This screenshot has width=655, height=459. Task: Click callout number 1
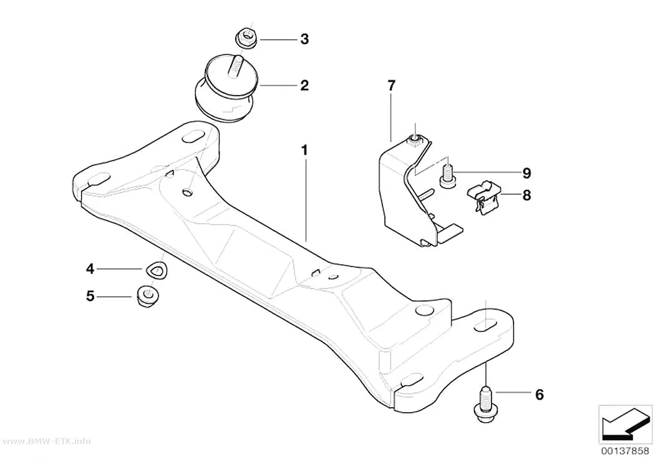pyautogui.click(x=305, y=150)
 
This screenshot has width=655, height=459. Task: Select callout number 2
pyautogui.click(x=304, y=86)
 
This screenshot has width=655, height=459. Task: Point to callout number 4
pyautogui.click(x=90, y=269)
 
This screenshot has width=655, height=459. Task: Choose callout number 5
pyautogui.click(x=90, y=297)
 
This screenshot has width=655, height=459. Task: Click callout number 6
pyautogui.click(x=540, y=394)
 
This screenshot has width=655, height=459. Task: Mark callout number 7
pyautogui.click(x=391, y=86)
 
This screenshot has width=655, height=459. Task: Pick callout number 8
pyautogui.click(x=526, y=195)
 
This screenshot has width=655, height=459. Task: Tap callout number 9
pyautogui.click(x=526, y=172)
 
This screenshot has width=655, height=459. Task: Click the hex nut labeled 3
pyautogui.click(x=246, y=39)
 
